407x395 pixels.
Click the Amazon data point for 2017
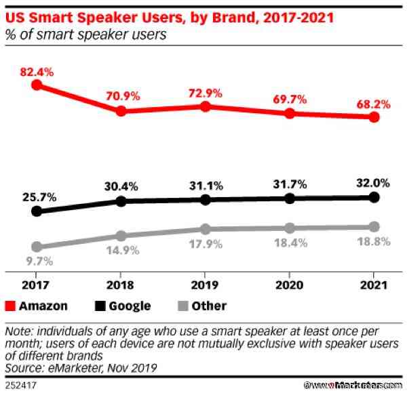[37, 85]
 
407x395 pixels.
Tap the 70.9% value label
[121, 96]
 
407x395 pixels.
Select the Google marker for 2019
[205, 199]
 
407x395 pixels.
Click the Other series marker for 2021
[373, 226]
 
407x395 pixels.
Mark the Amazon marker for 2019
[205, 106]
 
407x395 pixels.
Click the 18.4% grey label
[289, 242]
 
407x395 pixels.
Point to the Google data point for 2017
[37, 211]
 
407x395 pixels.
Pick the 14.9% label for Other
[121, 250]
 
